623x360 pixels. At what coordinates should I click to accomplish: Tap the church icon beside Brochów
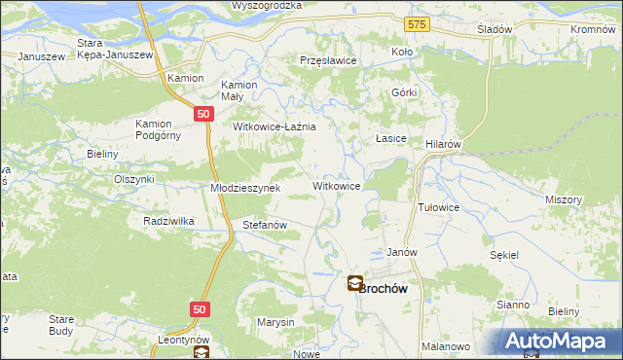tap(355, 284)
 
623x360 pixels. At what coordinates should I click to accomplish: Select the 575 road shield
tap(418, 23)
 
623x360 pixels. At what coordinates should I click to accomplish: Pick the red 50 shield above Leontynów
tap(199, 309)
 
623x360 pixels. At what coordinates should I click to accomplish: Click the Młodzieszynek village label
tap(245, 188)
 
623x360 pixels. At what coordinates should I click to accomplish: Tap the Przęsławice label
tap(329, 60)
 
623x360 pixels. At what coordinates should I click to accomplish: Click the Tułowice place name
tap(438, 208)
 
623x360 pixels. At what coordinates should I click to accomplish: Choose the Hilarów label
tap(443, 142)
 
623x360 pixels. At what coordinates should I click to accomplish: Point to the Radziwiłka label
tap(169, 221)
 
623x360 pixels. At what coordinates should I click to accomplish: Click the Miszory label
tap(564, 199)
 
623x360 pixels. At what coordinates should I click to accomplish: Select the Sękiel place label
tap(506, 253)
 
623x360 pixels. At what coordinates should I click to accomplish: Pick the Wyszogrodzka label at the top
tap(267, 6)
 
